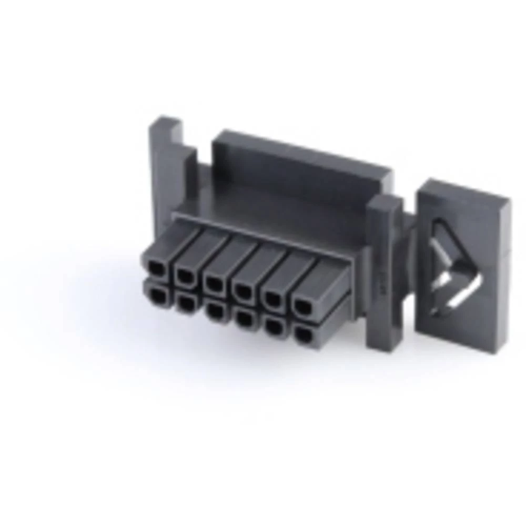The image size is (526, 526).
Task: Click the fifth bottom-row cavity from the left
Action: click(273, 326)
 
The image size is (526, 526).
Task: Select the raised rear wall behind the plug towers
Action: click(300, 163)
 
